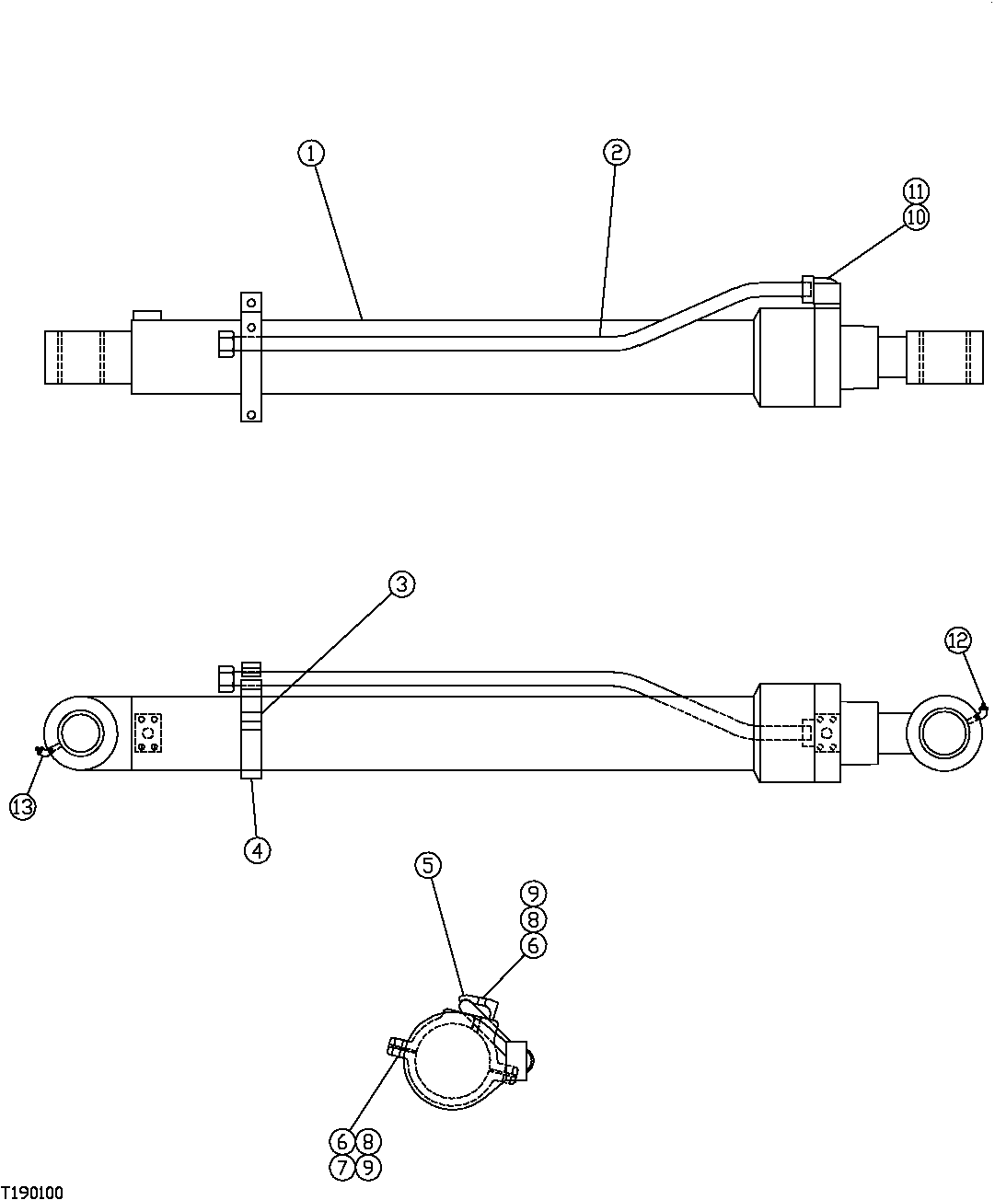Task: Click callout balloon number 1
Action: coord(311,153)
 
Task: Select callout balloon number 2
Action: coord(616,152)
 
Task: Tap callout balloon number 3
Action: coord(401,584)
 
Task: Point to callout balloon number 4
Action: coord(257,849)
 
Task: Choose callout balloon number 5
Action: coord(428,865)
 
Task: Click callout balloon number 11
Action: coord(915,191)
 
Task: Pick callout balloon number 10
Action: coord(916,218)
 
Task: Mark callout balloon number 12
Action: coord(957,640)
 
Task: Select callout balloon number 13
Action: coord(22,807)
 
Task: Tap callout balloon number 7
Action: coord(341,1168)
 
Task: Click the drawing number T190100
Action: coord(32,1193)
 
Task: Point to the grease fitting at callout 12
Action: coord(982,709)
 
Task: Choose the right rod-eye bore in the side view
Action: coord(945,733)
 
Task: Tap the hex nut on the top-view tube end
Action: coord(226,345)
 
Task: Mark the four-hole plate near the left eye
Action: coord(148,733)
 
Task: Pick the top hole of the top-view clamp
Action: coord(250,303)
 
